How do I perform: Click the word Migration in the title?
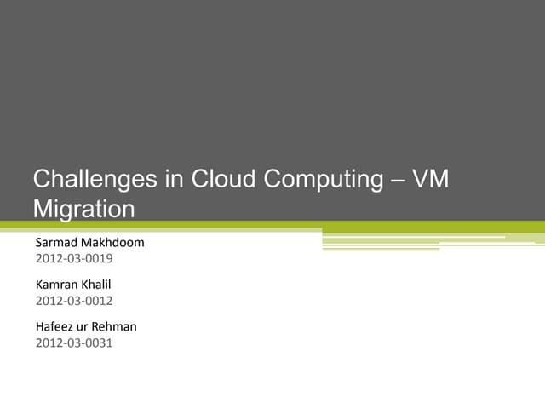click(83, 209)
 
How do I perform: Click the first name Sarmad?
click(55, 242)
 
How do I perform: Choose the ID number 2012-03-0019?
click(74, 258)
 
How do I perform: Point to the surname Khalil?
click(98, 285)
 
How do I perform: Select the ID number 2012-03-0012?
click(74, 301)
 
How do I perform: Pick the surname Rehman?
click(118, 326)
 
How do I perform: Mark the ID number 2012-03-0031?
click(74, 343)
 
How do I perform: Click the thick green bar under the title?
click(272, 227)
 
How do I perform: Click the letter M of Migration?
click(42, 209)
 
